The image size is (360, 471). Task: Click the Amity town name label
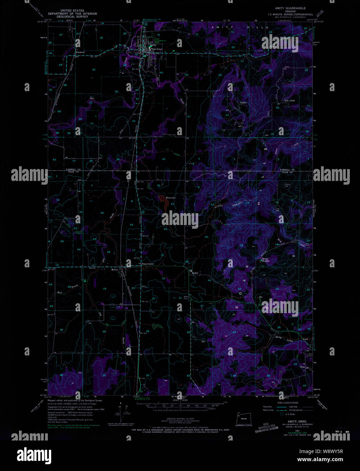[x=153, y=45]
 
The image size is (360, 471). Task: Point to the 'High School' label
[x=157, y=49]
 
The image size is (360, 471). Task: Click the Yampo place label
[x=243, y=102]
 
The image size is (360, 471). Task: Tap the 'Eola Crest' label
[x=289, y=100]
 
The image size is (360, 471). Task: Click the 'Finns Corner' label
[x=148, y=264]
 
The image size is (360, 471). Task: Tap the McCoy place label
[x=114, y=269]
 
